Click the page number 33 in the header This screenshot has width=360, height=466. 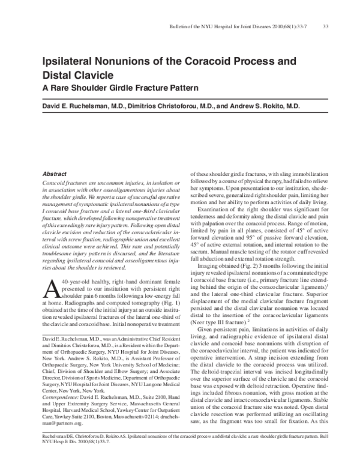(x=325, y=26)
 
